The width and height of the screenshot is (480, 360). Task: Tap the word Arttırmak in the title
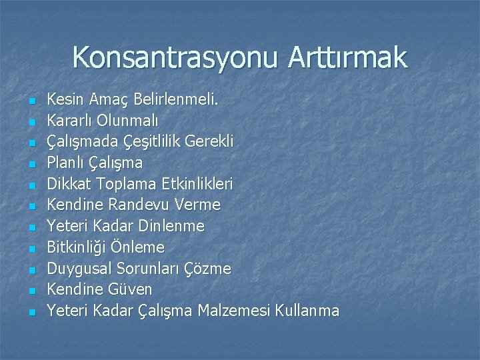[x=347, y=57]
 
